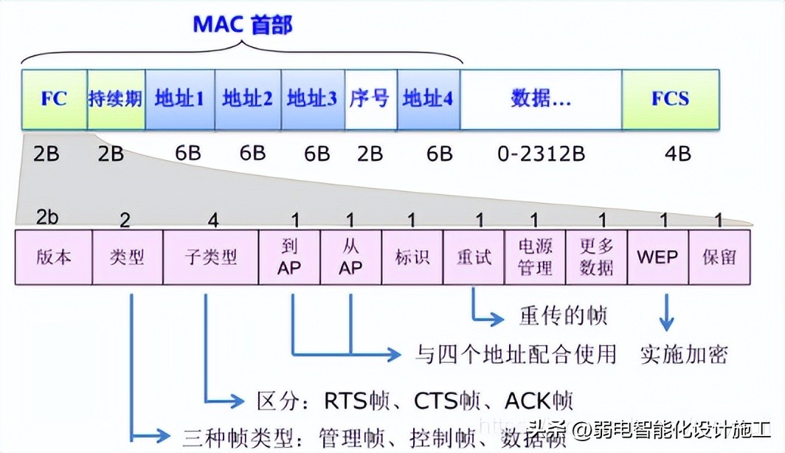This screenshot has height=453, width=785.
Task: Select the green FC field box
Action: (x=55, y=99)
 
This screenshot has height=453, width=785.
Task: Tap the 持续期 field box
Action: (x=116, y=99)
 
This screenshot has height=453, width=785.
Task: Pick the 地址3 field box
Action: (x=312, y=99)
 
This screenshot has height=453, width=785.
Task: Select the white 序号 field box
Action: (x=370, y=99)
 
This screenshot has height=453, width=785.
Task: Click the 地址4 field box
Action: (x=427, y=99)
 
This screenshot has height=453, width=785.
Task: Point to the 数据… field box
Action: (x=540, y=99)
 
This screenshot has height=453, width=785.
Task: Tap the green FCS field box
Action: (x=670, y=99)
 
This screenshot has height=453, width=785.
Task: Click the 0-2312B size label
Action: (x=541, y=153)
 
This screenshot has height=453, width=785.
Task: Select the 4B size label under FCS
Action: (x=677, y=153)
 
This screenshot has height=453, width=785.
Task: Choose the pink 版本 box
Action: (x=53, y=257)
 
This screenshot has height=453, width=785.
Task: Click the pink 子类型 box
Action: (x=210, y=257)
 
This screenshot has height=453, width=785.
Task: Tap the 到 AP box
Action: (x=289, y=257)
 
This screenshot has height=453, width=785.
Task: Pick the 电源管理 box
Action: (x=535, y=257)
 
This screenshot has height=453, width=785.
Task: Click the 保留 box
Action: (x=719, y=257)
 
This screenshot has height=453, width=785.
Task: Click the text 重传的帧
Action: (x=564, y=316)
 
